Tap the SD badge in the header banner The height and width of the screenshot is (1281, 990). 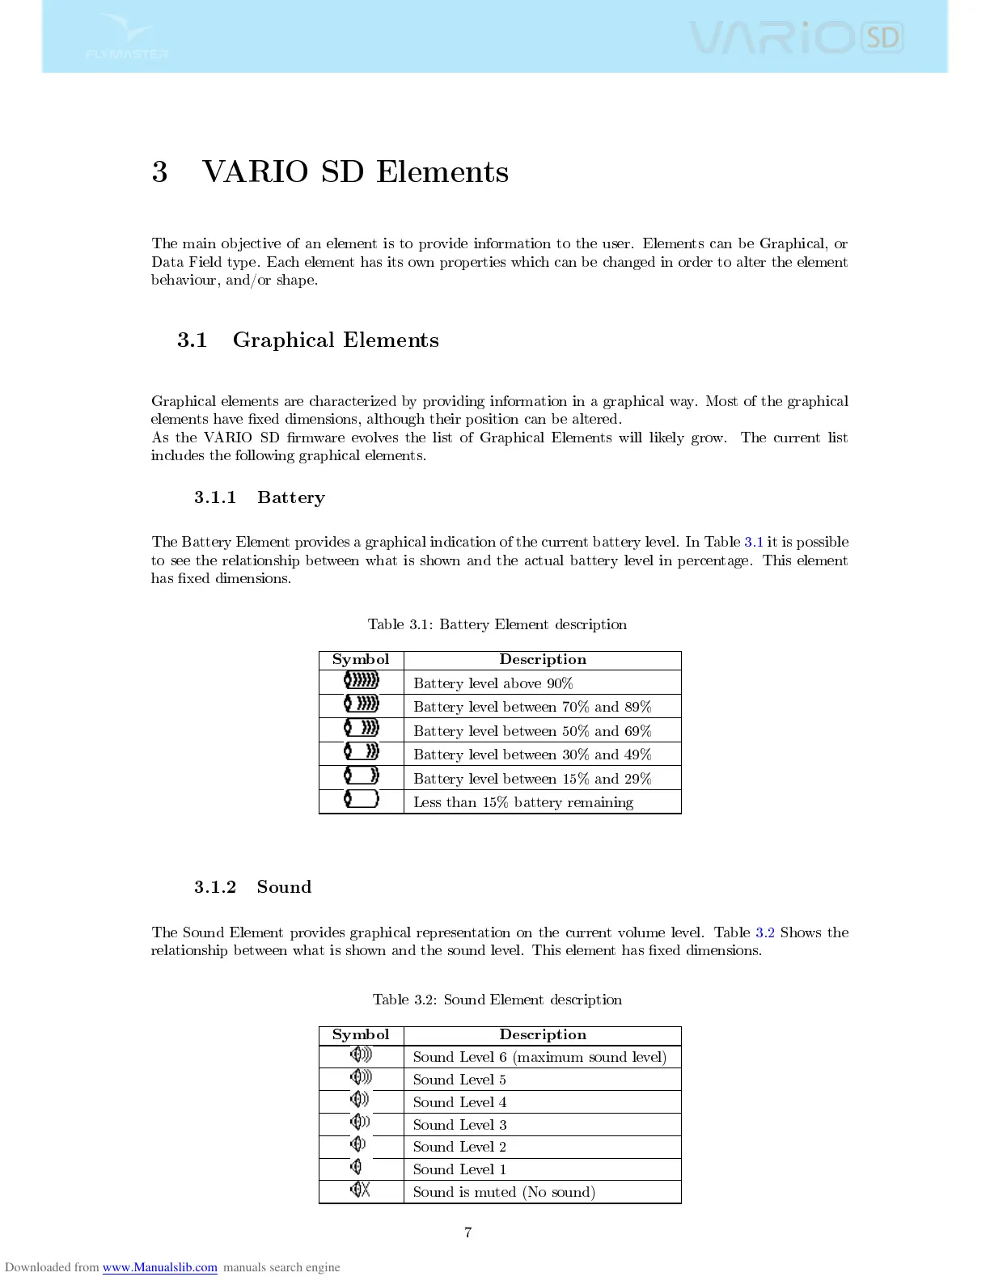tap(882, 37)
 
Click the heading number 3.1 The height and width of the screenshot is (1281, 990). tap(192, 340)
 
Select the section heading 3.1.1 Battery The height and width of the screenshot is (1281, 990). tap(259, 497)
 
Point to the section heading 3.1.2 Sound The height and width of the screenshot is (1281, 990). tap(252, 887)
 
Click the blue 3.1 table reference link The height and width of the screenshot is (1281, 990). tap(753, 542)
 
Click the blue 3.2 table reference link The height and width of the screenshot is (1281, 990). tap(764, 932)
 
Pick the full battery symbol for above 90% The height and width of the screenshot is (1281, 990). tap(362, 681)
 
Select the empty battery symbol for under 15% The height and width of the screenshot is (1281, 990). tap(362, 800)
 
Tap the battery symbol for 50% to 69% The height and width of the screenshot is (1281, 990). tap(362, 729)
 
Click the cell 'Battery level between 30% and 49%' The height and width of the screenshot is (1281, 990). tap(532, 755)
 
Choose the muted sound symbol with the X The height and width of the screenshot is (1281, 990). tap(361, 1190)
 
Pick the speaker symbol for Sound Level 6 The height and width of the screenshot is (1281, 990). tap(361, 1055)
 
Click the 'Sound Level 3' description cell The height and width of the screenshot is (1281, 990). tap(460, 1125)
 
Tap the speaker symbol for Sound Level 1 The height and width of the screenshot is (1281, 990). tap(357, 1167)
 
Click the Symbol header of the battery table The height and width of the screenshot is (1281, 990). tap(361, 660)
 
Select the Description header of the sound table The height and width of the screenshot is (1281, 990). tap(543, 1035)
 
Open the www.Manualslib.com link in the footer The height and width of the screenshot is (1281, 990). tap(159, 1267)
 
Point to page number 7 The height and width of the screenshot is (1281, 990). tap(467, 1232)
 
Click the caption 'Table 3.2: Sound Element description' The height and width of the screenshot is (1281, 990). tap(497, 1000)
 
